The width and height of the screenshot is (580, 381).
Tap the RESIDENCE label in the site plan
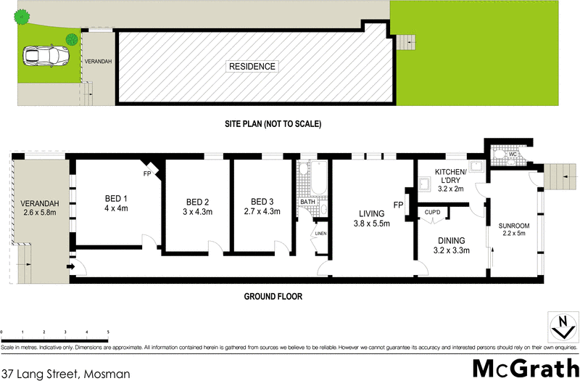pyautogui.click(x=252, y=67)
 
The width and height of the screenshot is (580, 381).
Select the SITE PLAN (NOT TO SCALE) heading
pyautogui.click(x=273, y=124)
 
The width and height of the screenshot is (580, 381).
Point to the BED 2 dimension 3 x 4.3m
pyautogui.click(x=197, y=212)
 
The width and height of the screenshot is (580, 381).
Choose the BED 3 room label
pyautogui.click(x=262, y=202)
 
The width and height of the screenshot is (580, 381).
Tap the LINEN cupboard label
pyautogui.click(x=320, y=233)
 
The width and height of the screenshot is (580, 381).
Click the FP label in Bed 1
pyautogui.click(x=146, y=175)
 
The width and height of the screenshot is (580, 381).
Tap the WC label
pyautogui.click(x=511, y=154)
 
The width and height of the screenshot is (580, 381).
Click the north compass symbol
pyautogui.click(x=559, y=327)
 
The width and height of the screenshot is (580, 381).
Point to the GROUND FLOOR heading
pyautogui.click(x=273, y=296)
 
